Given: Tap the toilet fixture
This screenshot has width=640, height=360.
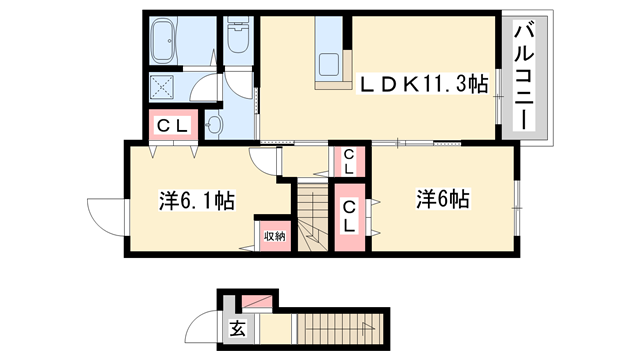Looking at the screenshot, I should pos(238,38).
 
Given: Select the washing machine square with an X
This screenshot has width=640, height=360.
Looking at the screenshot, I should pos(162,86).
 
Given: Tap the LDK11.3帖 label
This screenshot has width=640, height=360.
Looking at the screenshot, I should pos(423,86).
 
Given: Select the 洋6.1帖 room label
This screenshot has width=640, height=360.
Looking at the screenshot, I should pos(196,200).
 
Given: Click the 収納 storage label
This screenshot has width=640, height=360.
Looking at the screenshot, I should pos(274,237).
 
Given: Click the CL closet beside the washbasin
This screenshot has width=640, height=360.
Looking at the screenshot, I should pos(167,127).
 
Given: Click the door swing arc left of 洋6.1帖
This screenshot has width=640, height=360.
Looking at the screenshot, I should pos(103,214).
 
